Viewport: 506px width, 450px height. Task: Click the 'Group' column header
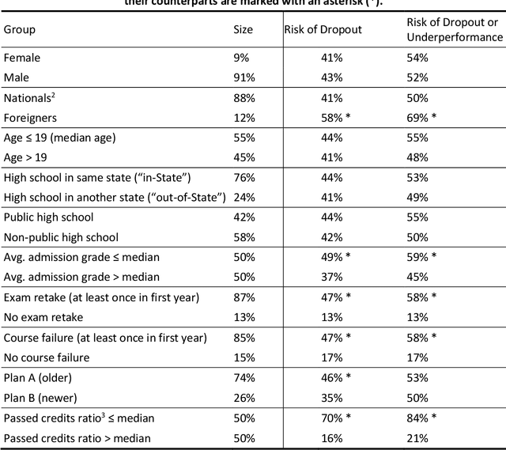click(x=20, y=29)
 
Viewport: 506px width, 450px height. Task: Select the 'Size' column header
click(x=244, y=29)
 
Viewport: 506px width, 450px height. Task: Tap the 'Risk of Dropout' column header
click(x=323, y=29)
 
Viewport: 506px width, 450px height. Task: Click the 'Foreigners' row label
click(x=29, y=117)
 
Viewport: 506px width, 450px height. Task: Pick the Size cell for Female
click(x=240, y=58)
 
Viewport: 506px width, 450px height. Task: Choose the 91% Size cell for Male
click(x=244, y=78)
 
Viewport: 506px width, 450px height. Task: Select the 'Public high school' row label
click(x=48, y=217)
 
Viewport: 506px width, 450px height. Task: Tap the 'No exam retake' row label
click(x=44, y=317)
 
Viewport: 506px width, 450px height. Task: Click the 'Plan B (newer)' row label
click(x=42, y=397)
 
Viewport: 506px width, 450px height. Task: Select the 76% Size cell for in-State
click(x=244, y=177)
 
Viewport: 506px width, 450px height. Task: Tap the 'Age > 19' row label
click(x=27, y=157)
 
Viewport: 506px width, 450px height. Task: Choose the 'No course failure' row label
click(x=46, y=357)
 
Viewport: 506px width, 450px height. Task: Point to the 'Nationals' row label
click(x=28, y=97)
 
